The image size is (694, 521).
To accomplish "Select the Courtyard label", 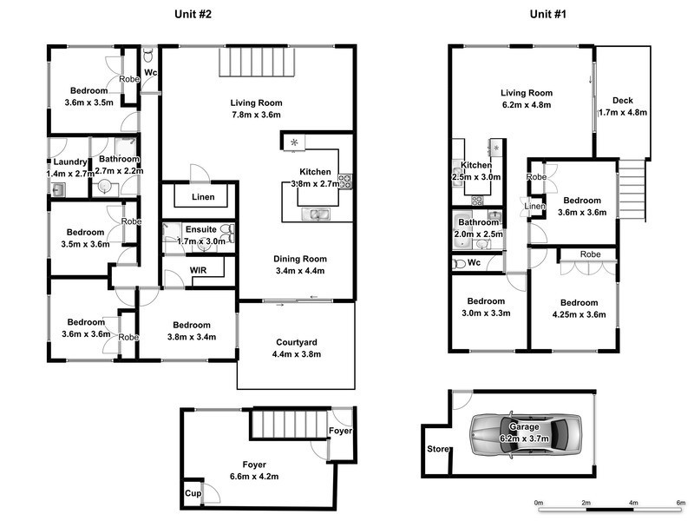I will tap(296, 342).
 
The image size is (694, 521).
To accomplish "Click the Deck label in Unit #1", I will tap(623, 100).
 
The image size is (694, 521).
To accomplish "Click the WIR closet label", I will tap(200, 270).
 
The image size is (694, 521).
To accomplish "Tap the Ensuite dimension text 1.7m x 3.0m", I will tap(201, 241).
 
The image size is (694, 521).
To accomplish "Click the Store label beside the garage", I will tap(437, 449).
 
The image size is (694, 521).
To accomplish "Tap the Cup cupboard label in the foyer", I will tap(192, 493).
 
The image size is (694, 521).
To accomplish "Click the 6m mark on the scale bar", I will tap(681, 503).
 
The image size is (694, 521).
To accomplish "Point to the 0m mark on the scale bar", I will tap(538, 503).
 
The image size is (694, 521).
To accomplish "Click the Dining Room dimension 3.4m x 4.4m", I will tap(298, 270).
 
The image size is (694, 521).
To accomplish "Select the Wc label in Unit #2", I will tap(150, 72).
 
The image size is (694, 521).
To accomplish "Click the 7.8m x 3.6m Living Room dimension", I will tap(256, 115).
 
